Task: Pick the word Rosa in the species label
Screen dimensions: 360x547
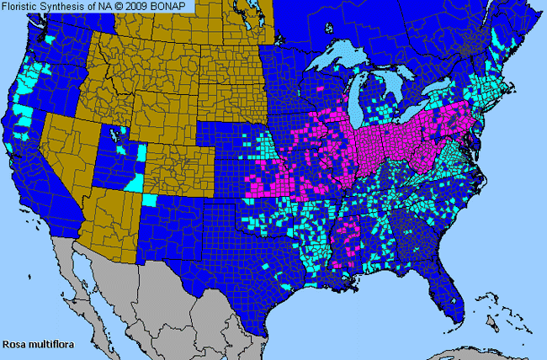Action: pos(14,343)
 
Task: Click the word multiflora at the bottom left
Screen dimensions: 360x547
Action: pos(48,343)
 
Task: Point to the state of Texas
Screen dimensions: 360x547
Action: pos(252,261)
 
